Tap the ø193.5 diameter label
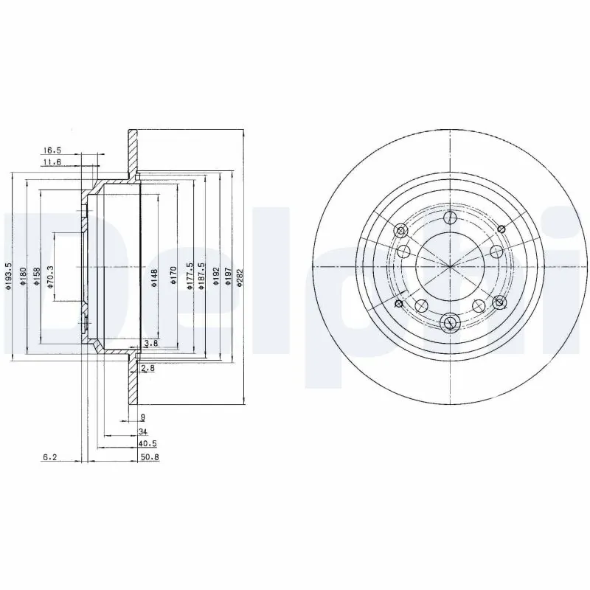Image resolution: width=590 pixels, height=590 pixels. coord(8,277)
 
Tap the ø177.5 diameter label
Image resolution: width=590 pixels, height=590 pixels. coord(190,277)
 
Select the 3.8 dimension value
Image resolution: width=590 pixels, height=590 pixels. coord(150,344)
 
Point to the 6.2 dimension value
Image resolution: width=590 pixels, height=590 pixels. coord(49,457)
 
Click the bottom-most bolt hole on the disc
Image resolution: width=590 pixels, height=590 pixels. coord(449,322)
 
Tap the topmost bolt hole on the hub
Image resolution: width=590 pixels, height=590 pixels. coord(449,218)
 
